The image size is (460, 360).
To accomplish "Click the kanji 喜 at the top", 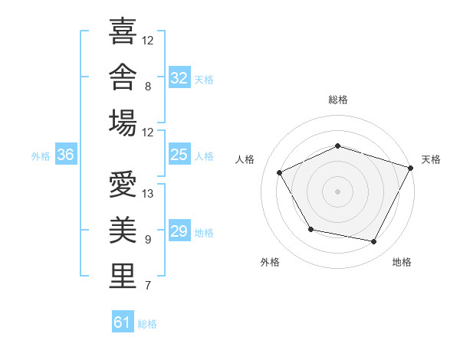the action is (x=123, y=31).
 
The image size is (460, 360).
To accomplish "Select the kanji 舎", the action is (x=123, y=77).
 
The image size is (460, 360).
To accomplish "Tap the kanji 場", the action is (x=123, y=123).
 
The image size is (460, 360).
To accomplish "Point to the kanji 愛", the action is (x=123, y=184).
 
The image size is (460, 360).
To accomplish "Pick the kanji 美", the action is (x=123, y=230).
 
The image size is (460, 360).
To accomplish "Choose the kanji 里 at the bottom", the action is (x=123, y=276).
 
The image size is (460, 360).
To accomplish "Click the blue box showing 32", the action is (x=179, y=77).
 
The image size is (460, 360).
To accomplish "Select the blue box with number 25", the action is (x=179, y=154).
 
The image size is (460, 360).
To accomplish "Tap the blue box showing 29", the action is (x=179, y=230).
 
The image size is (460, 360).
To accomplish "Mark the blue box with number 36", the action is (x=66, y=154).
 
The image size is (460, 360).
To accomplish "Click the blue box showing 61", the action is (x=123, y=321).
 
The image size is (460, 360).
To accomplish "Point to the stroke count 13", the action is (x=147, y=194).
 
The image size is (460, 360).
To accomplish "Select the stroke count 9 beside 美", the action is (x=148, y=240).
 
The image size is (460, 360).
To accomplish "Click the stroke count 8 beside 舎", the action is (x=148, y=87).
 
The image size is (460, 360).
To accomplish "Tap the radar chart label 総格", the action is (x=338, y=100).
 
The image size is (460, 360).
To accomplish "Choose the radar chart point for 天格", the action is (x=410, y=168).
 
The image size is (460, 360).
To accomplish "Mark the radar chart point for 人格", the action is (x=279, y=172).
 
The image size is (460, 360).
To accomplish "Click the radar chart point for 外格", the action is (x=311, y=229).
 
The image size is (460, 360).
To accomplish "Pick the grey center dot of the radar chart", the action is (x=337, y=191).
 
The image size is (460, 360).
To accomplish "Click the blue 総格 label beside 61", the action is (x=147, y=324).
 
